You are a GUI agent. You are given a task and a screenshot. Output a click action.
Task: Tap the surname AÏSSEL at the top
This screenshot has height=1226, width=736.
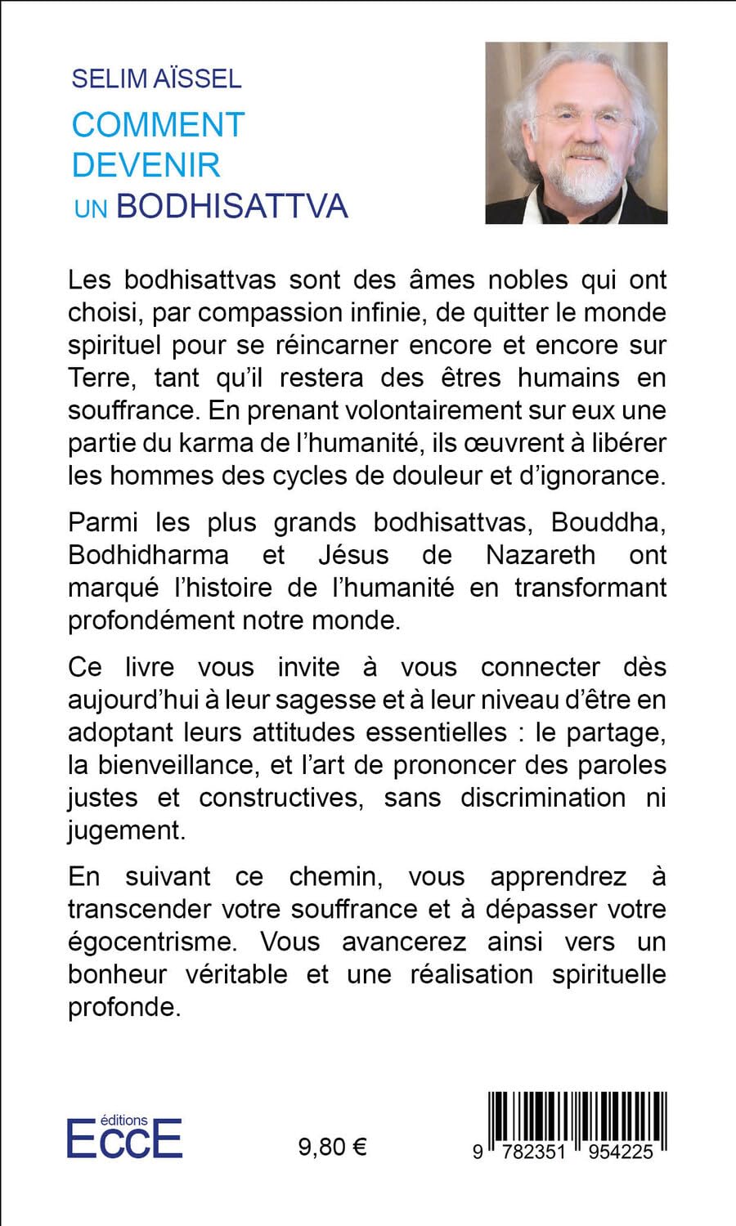pyautogui.click(x=200, y=78)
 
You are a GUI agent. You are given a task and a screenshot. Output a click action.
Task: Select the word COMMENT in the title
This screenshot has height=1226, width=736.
pyautogui.click(x=159, y=125)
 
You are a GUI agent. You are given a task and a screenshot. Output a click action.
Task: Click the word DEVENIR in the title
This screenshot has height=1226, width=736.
pyautogui.click(x=146, y=164)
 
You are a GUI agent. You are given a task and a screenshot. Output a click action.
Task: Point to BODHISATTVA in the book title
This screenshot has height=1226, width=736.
pyautogui.click(x=232, y=205)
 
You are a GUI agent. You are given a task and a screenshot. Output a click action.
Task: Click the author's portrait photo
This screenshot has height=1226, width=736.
pyautogui.click(x=577, y=133)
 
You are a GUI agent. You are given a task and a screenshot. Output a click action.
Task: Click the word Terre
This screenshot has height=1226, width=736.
pyautogui.click(x=96, y=378)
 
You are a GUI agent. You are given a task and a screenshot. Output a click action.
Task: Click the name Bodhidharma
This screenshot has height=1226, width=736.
pyautogui.click(x=148, y=554)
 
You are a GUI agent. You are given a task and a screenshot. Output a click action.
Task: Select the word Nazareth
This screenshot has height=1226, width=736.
pyautogui.click(x=541, y=554)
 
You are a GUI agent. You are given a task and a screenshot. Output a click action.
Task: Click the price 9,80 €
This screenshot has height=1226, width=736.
pyautogui.click(x=333, y=1148)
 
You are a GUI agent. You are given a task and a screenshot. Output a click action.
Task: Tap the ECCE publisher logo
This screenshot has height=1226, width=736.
pyautogui.click(x=124, y=1137)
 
